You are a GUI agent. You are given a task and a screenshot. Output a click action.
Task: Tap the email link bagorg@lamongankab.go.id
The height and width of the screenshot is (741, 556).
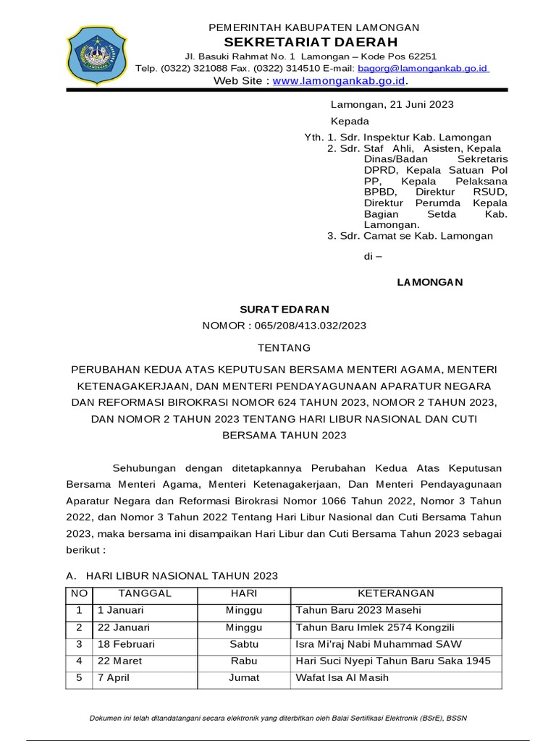[x=424, y=68]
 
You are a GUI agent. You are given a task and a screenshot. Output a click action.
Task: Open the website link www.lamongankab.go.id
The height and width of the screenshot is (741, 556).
[x=339, y=81]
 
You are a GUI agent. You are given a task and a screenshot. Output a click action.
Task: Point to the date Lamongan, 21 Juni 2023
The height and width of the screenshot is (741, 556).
[x=392, y=104]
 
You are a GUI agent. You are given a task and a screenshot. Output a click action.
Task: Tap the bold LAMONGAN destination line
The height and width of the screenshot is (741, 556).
[x=429, y=281]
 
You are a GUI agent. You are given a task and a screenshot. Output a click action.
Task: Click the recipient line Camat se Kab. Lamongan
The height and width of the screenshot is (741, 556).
[x=428, y=236]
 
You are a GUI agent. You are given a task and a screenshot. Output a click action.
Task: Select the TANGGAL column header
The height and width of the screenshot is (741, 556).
[x=145, y=593]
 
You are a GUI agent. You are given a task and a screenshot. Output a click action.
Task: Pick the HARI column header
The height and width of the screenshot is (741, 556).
[x=244, y=593]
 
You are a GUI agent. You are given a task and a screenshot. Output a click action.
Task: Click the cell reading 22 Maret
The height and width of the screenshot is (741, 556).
[x=119, y=661]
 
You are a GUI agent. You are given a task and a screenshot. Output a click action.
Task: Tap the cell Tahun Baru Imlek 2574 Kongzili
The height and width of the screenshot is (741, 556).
[x=375, y=627]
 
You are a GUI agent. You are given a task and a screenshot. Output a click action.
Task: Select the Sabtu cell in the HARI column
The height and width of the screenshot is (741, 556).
[x=244, y=644]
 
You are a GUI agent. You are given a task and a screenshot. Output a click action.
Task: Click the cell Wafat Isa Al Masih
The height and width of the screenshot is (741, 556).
[x=342, y=678]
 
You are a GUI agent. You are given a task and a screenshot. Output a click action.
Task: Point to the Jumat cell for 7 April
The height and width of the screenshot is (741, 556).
[x=244, y=678]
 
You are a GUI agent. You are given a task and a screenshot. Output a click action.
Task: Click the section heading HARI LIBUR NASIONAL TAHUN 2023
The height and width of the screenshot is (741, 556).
[x=181, y=576]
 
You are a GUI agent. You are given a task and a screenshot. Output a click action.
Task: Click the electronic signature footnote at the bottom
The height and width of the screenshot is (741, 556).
[x=278, y=719]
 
